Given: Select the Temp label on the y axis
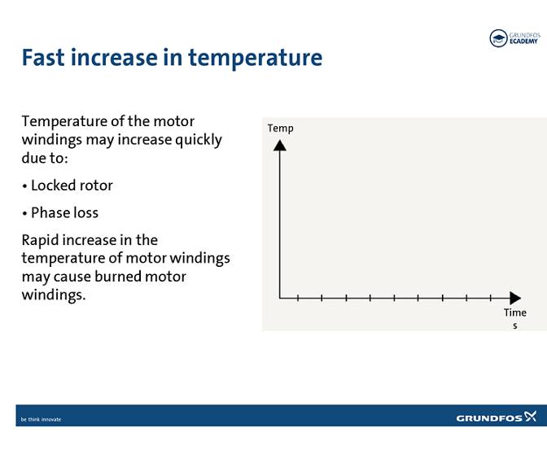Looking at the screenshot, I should click(280, 128).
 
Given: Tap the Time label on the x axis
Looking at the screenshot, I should click(514, 312).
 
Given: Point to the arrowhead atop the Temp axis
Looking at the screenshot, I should click(280, 145).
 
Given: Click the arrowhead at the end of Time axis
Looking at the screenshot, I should click(514, 299).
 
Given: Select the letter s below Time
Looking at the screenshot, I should click(514, 325).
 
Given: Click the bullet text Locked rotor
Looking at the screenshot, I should click(72, 186).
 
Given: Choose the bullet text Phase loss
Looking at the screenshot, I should click(64, 213).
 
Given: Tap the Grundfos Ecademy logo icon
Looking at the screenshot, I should click(497, 38).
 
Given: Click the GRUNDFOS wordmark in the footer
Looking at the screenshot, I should click(488, 418).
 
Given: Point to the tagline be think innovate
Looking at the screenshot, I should click(41, 420).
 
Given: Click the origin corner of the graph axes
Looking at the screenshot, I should click(280, 299).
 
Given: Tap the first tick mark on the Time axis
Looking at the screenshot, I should click(298, 299).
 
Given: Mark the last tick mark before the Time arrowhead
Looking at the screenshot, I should click(490, 299).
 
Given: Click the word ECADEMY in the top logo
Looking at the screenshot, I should click(524, 41).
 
